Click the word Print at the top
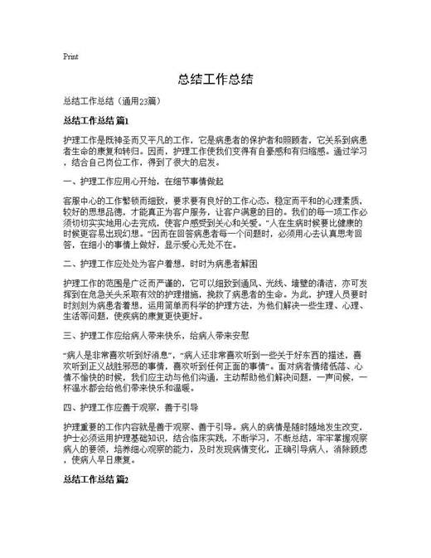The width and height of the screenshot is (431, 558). coord(70,57)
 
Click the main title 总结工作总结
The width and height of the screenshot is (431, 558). coord(215,80)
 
